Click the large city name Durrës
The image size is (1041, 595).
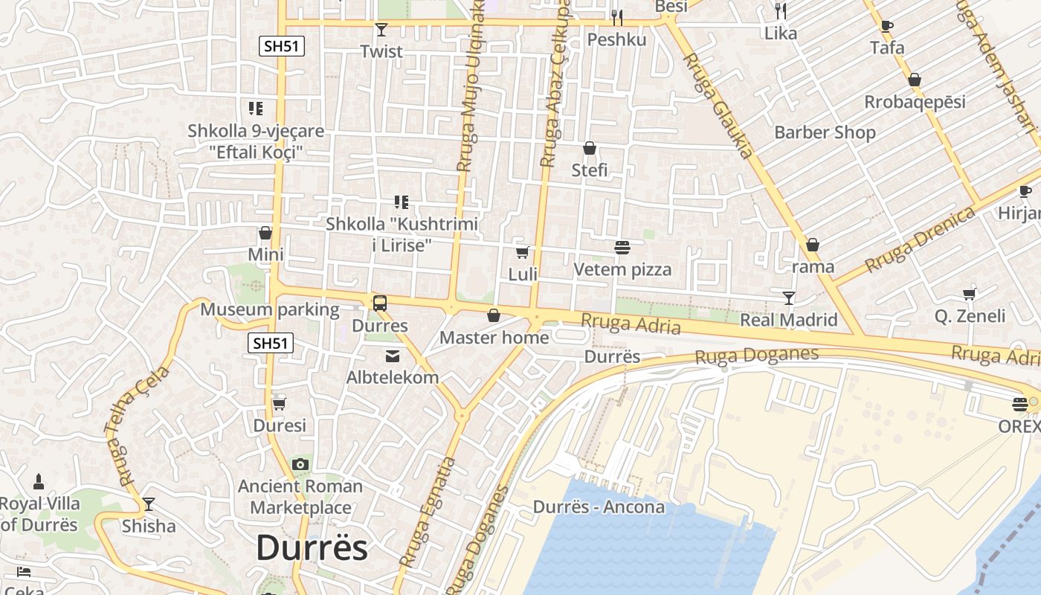click(x=312, y=548)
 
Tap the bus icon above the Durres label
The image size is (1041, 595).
click(x=380, y=303)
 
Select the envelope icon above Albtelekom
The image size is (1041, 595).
click(x=393, y=356)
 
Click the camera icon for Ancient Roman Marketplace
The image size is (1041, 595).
click(x=300, y=465)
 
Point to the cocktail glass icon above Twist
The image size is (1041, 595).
click(x=381, y=30)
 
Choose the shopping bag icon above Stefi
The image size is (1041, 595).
click(x=590, y=148)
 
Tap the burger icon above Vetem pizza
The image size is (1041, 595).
click(x=622, y=248)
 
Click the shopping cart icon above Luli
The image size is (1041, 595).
click(x=523, y=252)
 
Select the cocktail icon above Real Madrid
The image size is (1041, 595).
click(x=789, y=297)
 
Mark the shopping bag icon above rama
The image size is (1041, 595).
click(x=813, y=245)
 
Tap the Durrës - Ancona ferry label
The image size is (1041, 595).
click(x=599, y=507)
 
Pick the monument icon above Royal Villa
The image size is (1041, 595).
click(x=39, y=482)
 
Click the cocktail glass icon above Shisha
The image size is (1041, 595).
click(x=149, y=504)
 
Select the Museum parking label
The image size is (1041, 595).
click(x=270, y=309)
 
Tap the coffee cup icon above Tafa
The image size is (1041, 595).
click(x=887, y=26)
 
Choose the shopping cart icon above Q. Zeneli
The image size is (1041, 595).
click(x=970, y=294)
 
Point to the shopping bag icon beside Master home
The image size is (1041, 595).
click(x=493, y=316)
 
